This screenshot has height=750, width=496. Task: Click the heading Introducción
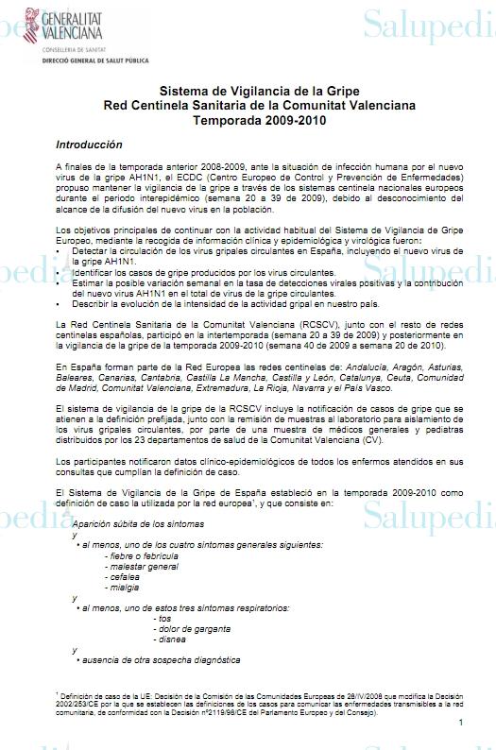pos(89,145)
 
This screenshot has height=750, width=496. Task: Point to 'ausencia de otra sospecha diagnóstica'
pos(161,660)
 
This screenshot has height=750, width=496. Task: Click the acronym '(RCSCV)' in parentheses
pos(325,349)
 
